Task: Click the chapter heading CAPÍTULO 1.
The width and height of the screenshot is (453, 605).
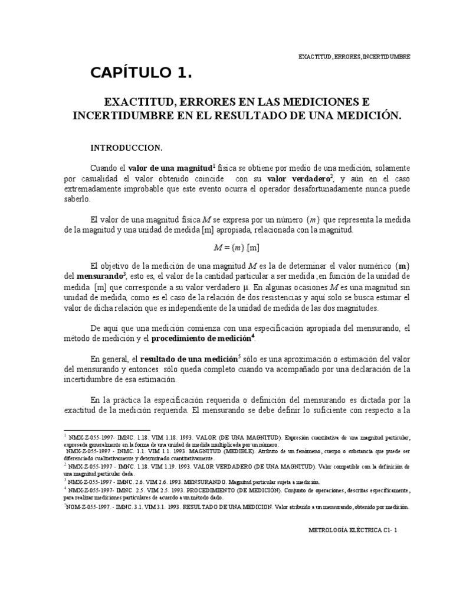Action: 142,74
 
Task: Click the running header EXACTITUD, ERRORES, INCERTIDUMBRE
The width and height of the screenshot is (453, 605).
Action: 354,56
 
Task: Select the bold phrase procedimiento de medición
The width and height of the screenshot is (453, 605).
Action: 203,339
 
